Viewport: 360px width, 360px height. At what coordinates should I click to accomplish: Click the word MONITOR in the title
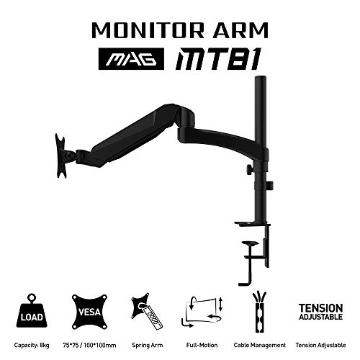[x=148, y=30]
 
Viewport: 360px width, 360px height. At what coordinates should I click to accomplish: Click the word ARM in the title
[x=240, y=30]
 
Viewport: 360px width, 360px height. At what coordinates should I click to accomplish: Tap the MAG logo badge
[x=131, y=59]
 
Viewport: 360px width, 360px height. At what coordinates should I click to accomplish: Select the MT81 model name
[x=218, y=59]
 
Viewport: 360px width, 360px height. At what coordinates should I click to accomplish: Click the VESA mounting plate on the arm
[x=60, y=156]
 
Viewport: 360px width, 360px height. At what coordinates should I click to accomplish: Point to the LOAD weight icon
[x=32, y=310]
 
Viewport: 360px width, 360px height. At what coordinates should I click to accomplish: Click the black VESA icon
[x=89, y=312]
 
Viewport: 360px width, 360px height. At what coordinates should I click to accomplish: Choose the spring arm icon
[x=147, y=311]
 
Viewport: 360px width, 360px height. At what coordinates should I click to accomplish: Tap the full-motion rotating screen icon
[x=202, y=312]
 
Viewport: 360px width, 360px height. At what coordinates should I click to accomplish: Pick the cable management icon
[x=259, y=312]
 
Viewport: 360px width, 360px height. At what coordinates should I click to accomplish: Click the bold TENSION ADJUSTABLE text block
[x=320, y=312]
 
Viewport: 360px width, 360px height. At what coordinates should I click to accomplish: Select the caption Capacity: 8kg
[x=32, y=345]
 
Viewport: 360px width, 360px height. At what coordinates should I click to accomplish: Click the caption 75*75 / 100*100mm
[x=89, y=346]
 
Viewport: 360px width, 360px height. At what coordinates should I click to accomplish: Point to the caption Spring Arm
[x=148, y=346]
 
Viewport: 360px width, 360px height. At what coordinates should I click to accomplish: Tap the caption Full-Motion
[x=202, y=345]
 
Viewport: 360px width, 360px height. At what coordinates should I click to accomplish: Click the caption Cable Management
[x=260, y=346]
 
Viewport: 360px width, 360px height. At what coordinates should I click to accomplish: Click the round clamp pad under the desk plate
[x=250, y=243]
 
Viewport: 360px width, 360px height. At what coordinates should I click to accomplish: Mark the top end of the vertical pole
[x=261, y=76]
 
